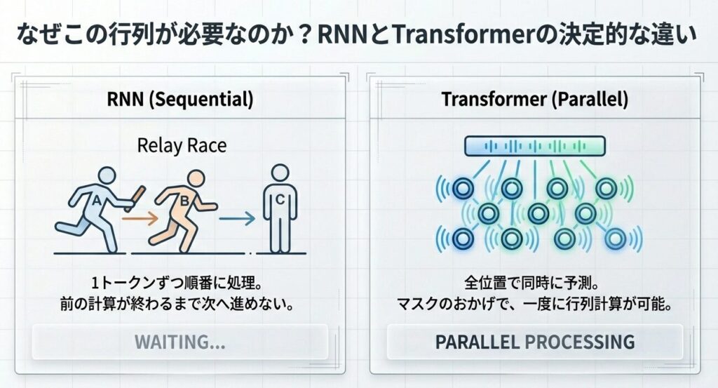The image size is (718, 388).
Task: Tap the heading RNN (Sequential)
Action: [x=180, y=99]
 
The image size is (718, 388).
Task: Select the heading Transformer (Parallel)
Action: [x=535, y=99]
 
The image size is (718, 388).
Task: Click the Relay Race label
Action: [x=182, y=146]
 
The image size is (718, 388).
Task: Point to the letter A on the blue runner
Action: [x=96, y=200]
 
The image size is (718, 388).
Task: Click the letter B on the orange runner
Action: [x=184, y=201]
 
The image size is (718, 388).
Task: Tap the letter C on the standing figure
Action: [x=280, y=199]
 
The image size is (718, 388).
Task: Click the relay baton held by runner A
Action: [x=135, y=199]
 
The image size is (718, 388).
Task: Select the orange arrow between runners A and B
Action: [x=140, y=219]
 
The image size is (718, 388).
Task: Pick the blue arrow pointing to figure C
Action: [x=237, y=218]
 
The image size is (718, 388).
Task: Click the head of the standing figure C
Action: [x=280, y=173]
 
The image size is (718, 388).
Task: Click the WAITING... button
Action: [x=180, y=342]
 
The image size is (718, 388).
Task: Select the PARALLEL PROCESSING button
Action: [x=535, y=342]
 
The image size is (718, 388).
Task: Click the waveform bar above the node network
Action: [x=535, y=147]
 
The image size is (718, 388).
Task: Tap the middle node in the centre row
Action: [x=538, y=213]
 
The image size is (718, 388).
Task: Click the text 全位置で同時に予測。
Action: [x=531, y=283]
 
